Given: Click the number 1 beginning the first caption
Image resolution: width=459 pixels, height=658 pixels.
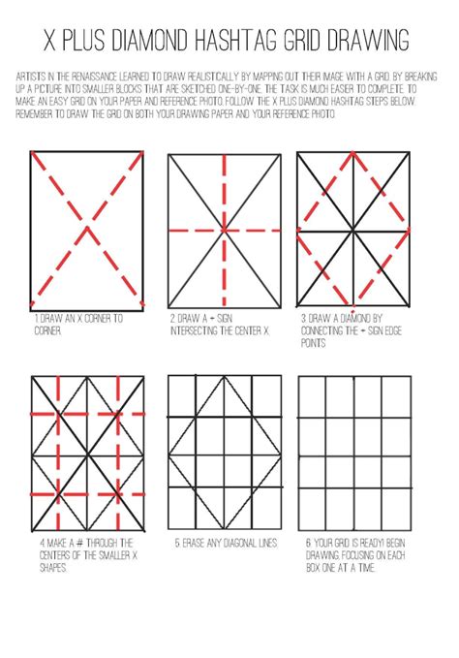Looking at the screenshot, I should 36,318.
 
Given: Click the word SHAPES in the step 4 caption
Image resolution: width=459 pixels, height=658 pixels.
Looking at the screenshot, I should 48,568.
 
